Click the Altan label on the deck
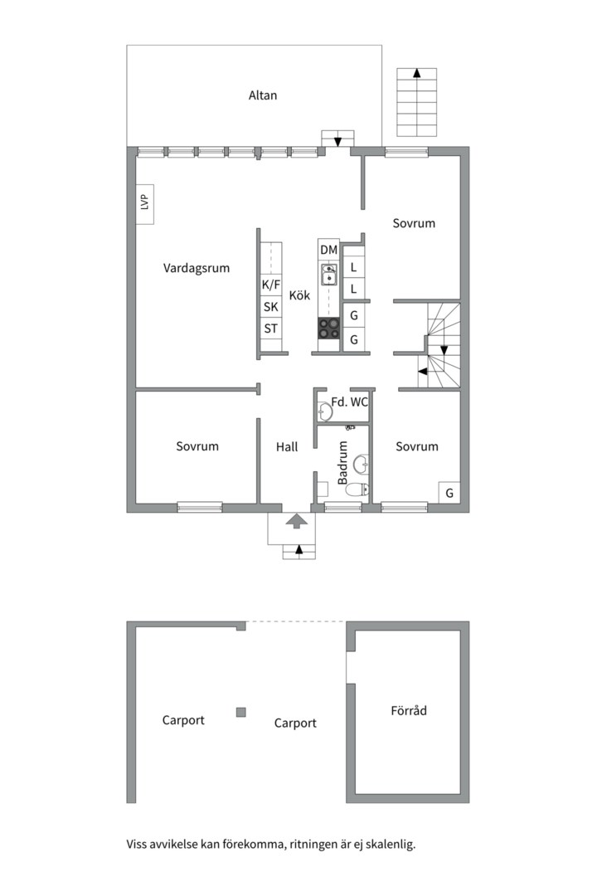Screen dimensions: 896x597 pos(263,95)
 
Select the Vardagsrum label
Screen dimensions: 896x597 pos(197,268)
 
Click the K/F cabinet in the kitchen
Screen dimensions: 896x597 pos(271,285)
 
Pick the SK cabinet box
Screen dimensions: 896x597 pos(271,307)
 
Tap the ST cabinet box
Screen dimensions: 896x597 pos(271,329)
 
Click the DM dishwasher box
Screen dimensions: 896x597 pos(328,250)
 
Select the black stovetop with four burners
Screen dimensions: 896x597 pos(329,329)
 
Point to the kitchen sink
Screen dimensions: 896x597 pos(329,273)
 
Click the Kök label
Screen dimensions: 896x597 pos(299,295)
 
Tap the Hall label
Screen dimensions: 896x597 pos(287,446)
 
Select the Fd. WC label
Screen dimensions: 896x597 pos(349,402)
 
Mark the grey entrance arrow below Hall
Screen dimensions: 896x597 pos(297,521)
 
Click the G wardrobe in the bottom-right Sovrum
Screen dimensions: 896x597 pos(449,493)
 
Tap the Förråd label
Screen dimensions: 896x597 pos(409,710)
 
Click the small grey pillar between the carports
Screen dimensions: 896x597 pos(240,712)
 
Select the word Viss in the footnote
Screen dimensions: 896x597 pos(139,845)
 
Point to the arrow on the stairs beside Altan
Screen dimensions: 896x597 pos(417,74)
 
